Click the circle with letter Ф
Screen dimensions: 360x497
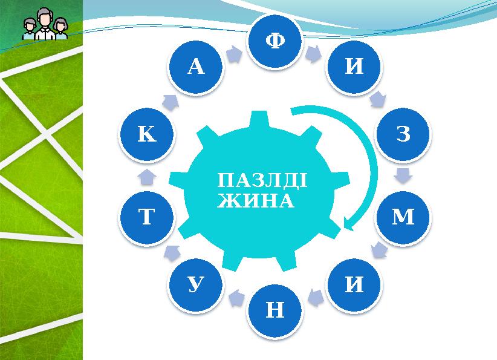[275, 41]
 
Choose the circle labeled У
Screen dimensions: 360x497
[196, 283]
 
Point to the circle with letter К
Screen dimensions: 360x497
[147, 134]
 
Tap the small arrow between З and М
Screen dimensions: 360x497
[404, 176]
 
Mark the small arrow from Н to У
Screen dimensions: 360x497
[235, 296]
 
